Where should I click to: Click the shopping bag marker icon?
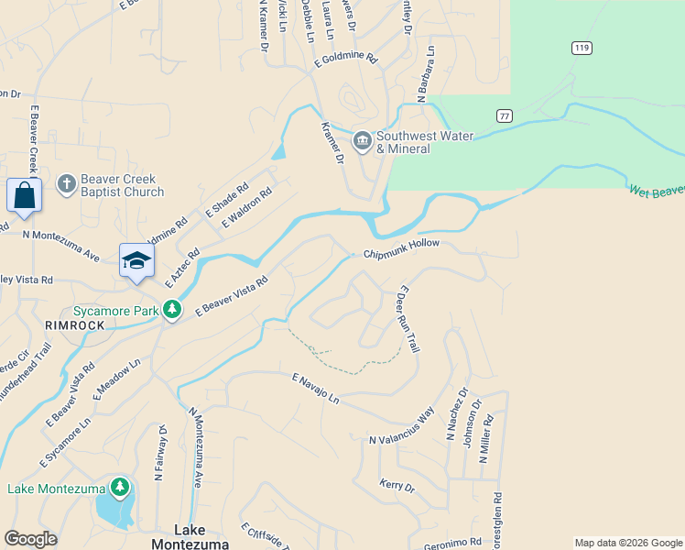[x=23, y=195]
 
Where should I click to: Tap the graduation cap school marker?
[x=136, y=259]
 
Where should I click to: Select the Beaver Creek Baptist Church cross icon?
[x=66, y=185]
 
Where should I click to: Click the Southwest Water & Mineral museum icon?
[x=362, y=142]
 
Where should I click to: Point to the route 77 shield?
[x=504, y=115]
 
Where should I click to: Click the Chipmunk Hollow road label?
[x=401, y=249]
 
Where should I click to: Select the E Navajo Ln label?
[x=316, y=390]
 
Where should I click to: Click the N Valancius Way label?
[x=401, y=427]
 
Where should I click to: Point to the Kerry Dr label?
[x=397, y=485]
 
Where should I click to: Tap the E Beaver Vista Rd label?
[x=230, y=297]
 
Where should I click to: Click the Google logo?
[x=31, y=539]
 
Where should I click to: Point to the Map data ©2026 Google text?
[x=627, y=543]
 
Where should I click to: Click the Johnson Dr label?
[x=470, y=431]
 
